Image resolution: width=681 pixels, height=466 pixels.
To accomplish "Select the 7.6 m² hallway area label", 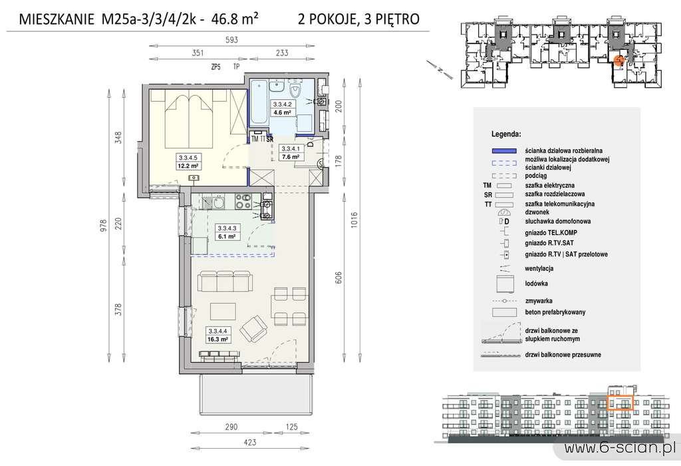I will click(x=291, y=157).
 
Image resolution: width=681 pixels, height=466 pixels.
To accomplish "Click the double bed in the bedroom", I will click(x=190, y=113).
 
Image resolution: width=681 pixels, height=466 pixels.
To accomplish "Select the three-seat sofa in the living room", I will click(x=226, y=283).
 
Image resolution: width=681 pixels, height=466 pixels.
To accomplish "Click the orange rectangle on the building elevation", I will click(x=620, y=403).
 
